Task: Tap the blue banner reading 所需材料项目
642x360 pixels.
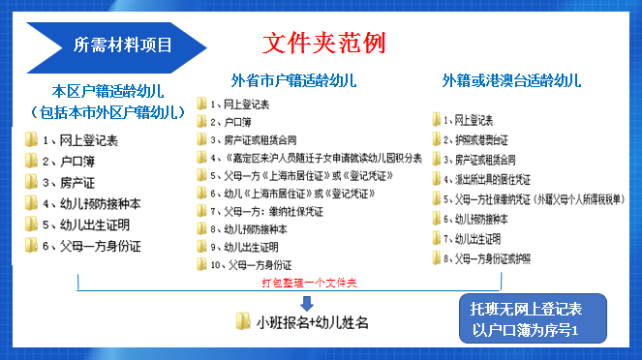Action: pos(122,45)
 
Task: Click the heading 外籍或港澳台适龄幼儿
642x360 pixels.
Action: pos(511,79)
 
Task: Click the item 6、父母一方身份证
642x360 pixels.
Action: pos(93,246)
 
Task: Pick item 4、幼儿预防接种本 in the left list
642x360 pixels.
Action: pos(93,203)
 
